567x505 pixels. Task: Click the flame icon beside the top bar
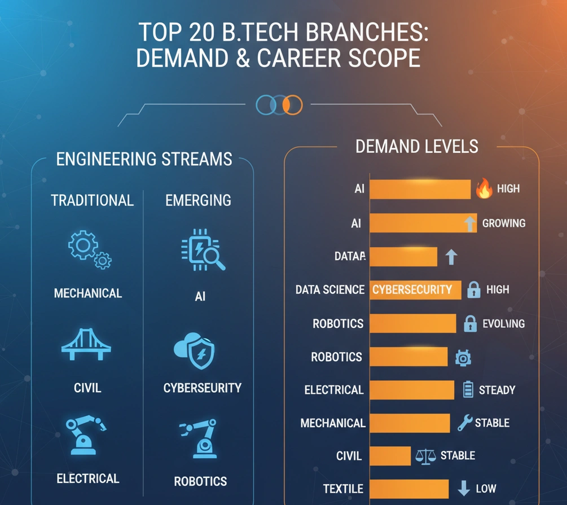484,189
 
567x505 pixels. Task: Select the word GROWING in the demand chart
504,223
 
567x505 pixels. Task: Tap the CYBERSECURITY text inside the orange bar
412,290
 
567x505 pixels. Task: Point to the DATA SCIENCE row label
330,290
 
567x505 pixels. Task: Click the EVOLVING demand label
504,324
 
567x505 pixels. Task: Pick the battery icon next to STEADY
468,390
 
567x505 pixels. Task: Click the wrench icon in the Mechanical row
465,423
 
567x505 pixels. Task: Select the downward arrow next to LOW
464,489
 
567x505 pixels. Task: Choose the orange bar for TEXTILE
409,489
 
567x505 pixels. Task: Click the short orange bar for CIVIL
390,456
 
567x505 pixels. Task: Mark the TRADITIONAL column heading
93,200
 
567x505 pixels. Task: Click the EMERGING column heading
198,200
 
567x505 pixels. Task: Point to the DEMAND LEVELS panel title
417,147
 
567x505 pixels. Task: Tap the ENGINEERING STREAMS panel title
144,159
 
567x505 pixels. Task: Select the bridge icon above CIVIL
86,345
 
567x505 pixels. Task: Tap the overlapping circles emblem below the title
279,104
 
